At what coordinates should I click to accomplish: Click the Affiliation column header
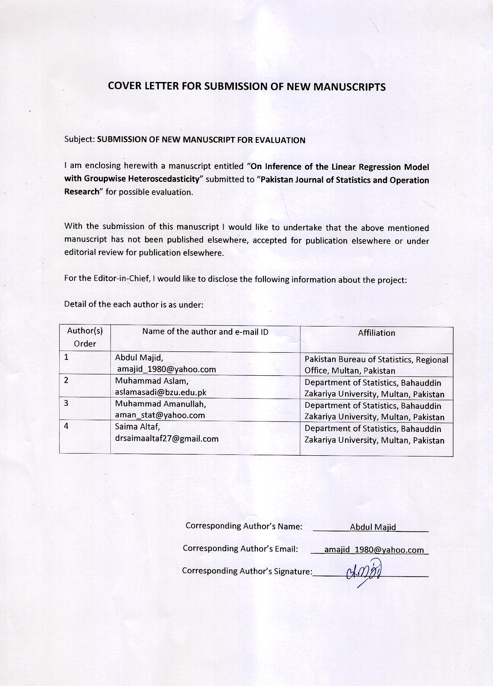376,333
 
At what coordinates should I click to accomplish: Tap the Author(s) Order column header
85,337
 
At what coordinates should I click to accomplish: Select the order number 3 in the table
66,403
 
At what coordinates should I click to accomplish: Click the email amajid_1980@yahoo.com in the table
166,369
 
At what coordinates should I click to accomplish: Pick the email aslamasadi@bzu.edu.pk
160,392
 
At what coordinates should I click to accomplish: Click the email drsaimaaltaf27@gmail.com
167,438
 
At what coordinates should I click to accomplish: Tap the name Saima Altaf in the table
137,427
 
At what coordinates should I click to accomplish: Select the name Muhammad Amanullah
160,404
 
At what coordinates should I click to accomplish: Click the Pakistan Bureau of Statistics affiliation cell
376,365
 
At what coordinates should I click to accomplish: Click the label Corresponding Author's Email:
240,549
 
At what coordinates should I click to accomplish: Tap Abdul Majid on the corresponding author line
373,527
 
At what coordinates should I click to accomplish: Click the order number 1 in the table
66,357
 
